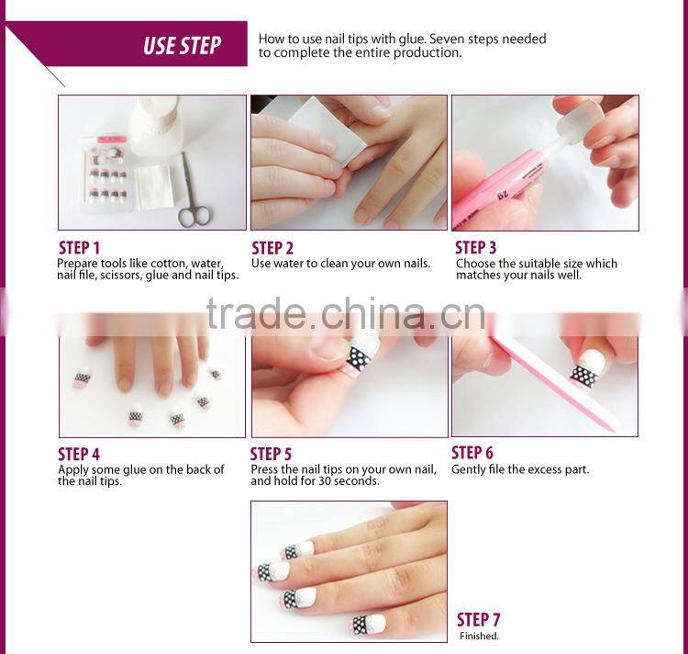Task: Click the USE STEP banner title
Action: [x=183, y=45]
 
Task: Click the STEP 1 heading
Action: [x=80, y=248]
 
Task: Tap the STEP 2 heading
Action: [x=272, y=248]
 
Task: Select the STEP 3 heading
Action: [x=475, y=248]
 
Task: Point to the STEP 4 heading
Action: [x=79, y=454]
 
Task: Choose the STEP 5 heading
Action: [x=271, y=454]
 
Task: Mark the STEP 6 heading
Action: [x=472, y=453]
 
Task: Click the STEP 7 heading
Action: [x=478, y=620]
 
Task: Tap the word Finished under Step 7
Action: [x=479, y=636]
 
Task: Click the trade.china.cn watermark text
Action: [x=346, y=313]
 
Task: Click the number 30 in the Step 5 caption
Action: [x=326, y=481]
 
